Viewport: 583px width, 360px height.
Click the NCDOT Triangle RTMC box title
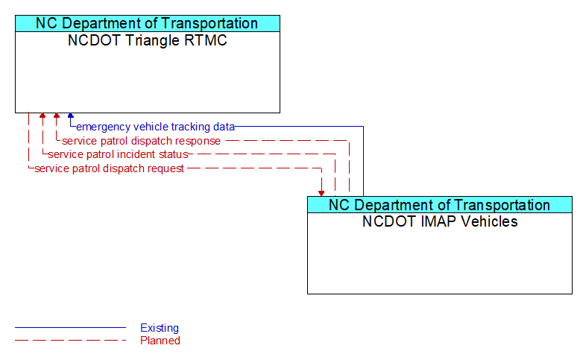pyautogui.click(x=148, y=41)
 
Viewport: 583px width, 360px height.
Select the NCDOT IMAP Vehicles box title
pyautogui.click(x=440, y=221)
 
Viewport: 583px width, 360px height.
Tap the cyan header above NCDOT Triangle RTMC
pyautogui.click(x=148, y=23)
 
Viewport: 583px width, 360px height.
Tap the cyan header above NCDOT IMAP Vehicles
pyautogui.click(x=440, y=205)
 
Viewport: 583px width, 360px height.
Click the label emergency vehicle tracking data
pyautogui.click(x=155, y=127)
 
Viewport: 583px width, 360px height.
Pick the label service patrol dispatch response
pyautogui.click(x=141, y=141)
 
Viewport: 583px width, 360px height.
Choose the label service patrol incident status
pyautogui.click(x=118, y=154)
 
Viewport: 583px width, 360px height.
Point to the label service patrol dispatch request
pyautogui.click(x=110, y=168)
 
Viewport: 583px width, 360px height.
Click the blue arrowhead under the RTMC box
pyautogui.click(x=71, y=116)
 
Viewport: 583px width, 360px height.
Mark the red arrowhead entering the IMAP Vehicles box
pyautogui.click(x=321, y=192)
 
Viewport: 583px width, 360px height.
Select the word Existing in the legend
pyautogui.click(x=160, y=328)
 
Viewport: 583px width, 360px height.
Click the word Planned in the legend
pyautogui.click(x=160, y=341)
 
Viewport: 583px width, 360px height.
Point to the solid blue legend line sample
pyautogui.click(x=70, y=328)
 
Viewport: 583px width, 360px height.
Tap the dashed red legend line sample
pyautogui.click(x=70, y=341)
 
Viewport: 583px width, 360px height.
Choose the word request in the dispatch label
pyautogui.click(x=165, y=168)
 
